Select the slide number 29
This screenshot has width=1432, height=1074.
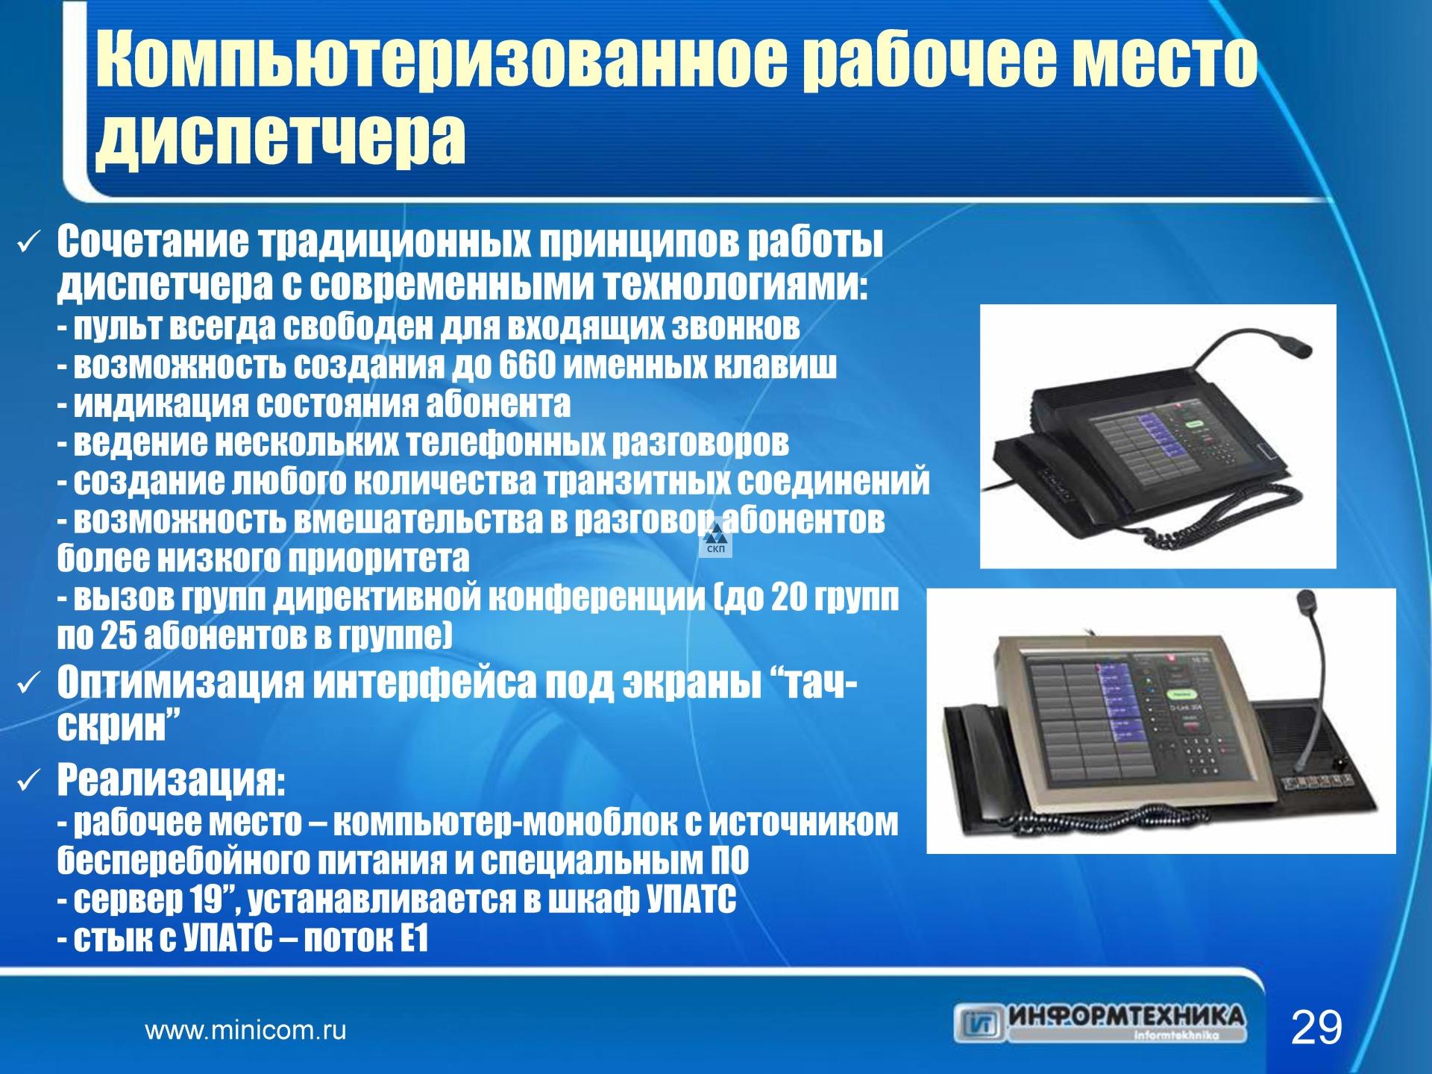coord(1316,1028)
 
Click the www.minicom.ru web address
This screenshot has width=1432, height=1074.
coord(245,1031)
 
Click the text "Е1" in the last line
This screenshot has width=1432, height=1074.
coord(414,940)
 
